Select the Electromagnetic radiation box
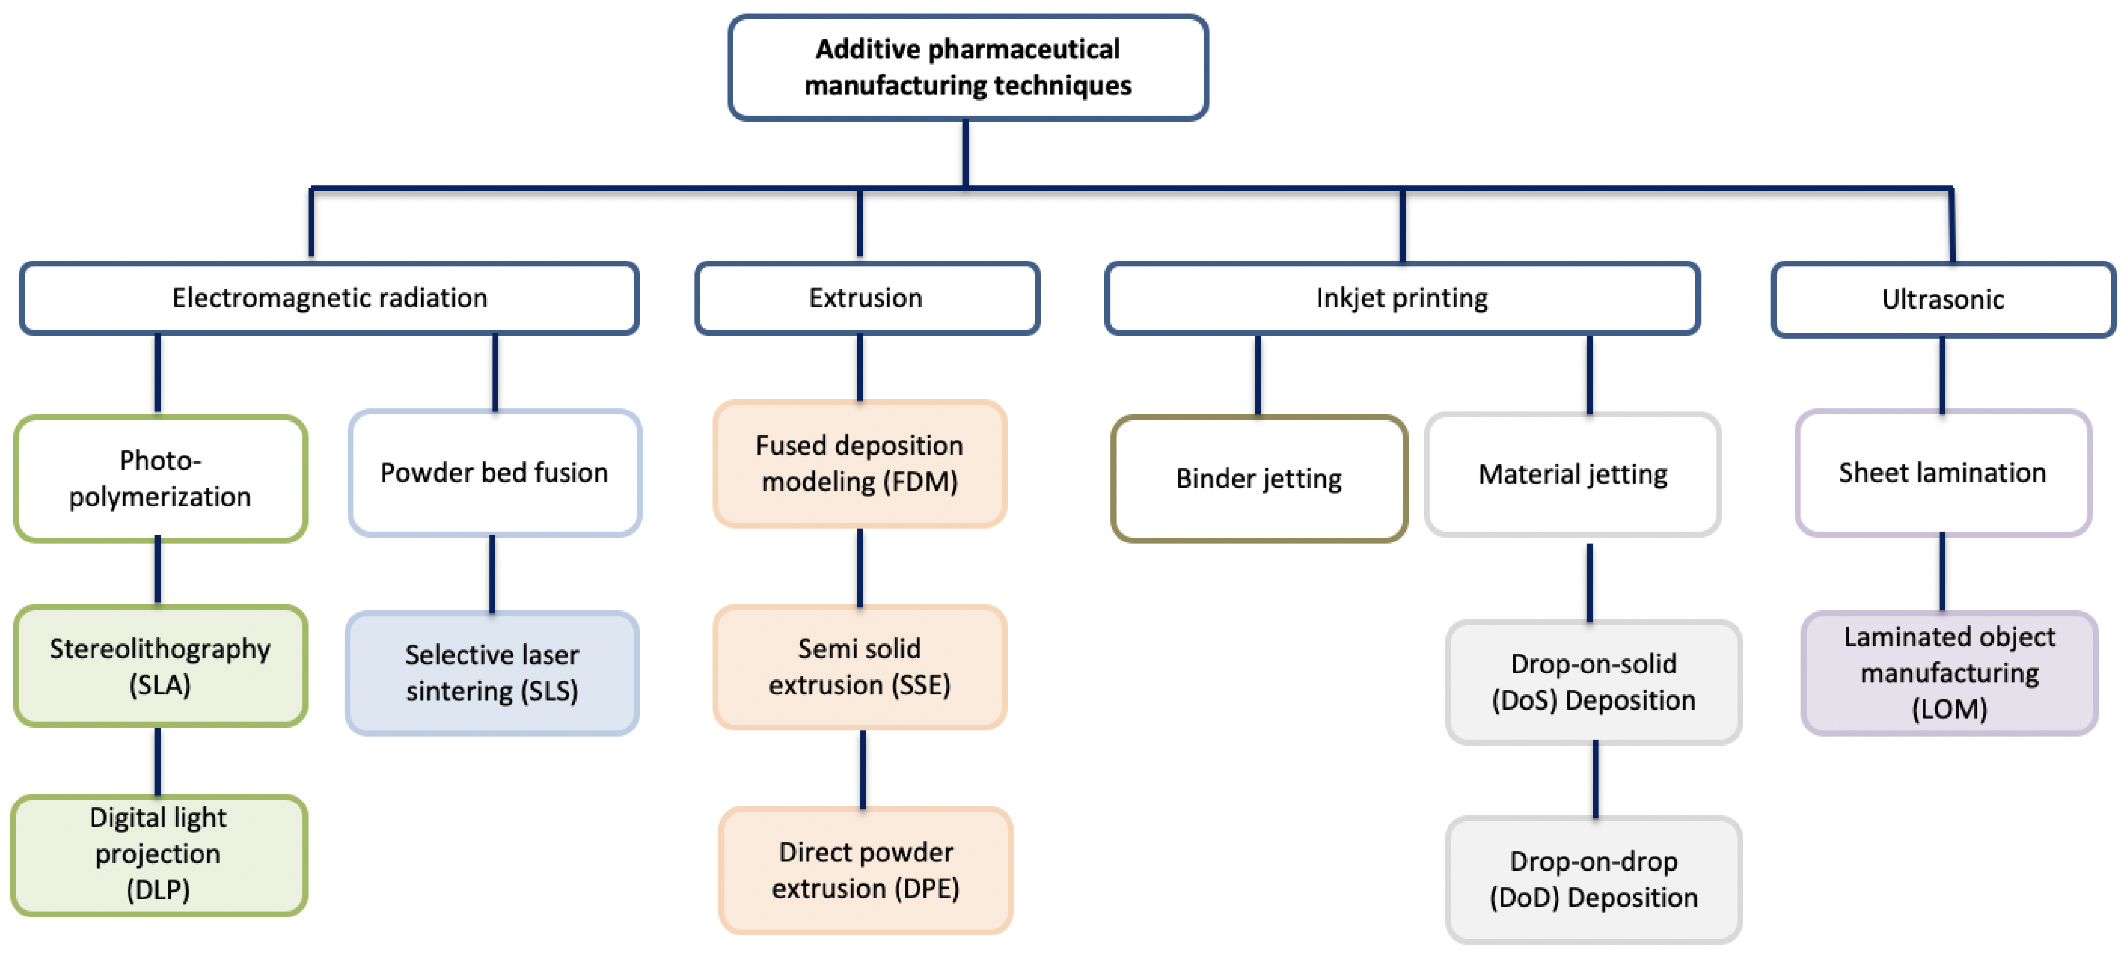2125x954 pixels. tap(329, 298)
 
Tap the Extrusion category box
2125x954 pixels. tap(866, 298)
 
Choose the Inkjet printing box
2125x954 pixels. tap(1402, 298)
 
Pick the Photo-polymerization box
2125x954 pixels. tap(160, 479)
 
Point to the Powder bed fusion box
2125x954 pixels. tap(494, 473)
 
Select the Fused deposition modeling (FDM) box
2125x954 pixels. tap(860, 464)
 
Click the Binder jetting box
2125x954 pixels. tap(1259, 479)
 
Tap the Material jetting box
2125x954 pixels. tap(1572, 474)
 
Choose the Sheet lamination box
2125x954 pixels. tap(1942, 473)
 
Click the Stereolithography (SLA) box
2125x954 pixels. tap(160, 666)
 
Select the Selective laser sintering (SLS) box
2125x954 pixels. tap(493, 673)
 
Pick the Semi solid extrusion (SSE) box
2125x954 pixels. tap(860, 667)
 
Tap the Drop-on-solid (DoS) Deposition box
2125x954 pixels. tap(1594, 682)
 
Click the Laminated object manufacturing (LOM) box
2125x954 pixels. tap(1949, 673)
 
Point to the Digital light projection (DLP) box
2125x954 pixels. tap(158, 854)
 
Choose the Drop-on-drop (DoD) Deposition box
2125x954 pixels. tap(1594, 879)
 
